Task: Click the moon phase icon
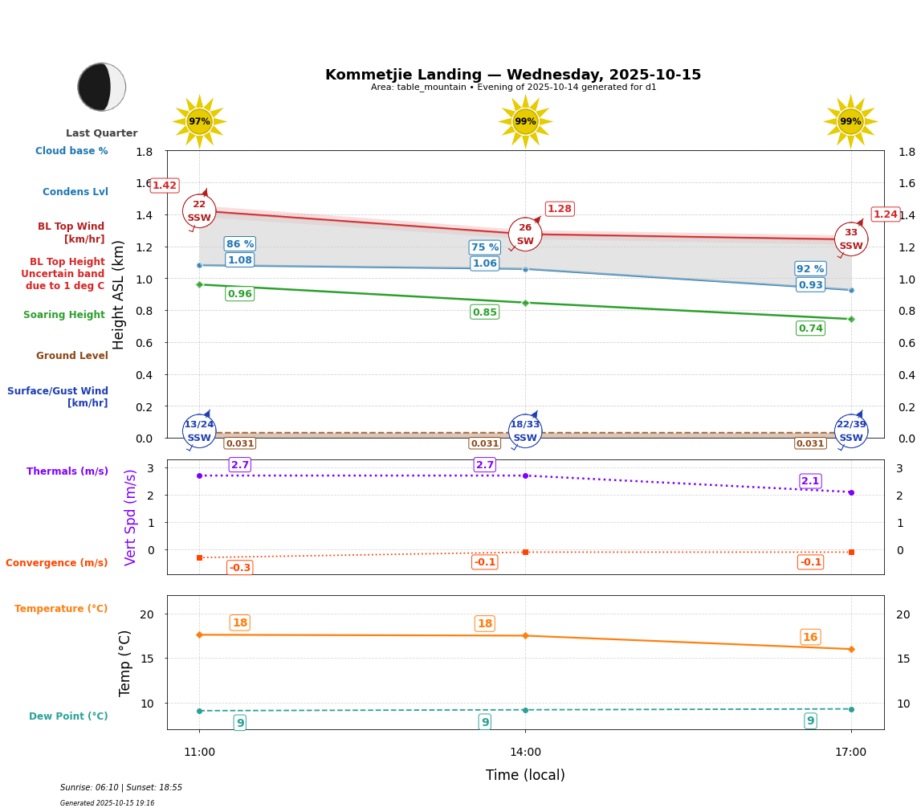pyautogui.click(x=101, y=87)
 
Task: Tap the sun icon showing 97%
pyautogui.click(x=199, y=121)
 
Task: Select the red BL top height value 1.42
pyautogui.click(x=165, y=186)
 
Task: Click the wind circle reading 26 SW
pyautogui.click(x=525, y=235)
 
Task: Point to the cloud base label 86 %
pyautogui.click(x=239, y=244)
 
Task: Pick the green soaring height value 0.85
pyautogui.click(x=485, y=312)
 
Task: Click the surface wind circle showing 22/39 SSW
pyautogui.click(x=851, y=431)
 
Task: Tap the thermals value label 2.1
pyautogui.click(x=810, y=481)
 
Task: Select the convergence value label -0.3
pyautogui.click(x=240, y=568)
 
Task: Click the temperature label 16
pyautogui.click(x=810, y=637)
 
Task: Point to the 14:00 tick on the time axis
pyautogui.click(x=525, y=753)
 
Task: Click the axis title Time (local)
pyautogui.click(x=525, y=775)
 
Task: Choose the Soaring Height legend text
pyautogui.click(x=64, y=315)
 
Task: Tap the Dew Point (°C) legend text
pyautogui.click(x=68, y=716)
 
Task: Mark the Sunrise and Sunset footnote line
pyautogui.click(x=121, y=788)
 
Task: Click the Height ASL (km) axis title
pyautogui.click(x=119, y=295)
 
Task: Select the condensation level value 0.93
pyautogui.click(x=810, y=285)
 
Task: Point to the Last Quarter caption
pyautogui.click(x=101, y=133)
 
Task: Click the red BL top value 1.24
pyautogui.click(x=886, y=214)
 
